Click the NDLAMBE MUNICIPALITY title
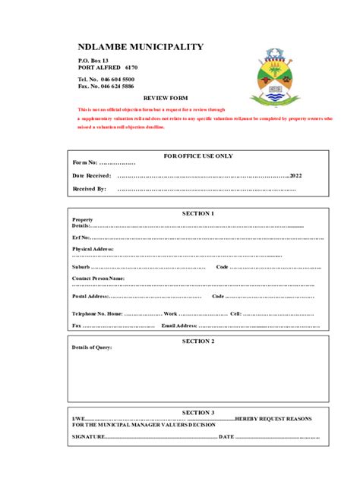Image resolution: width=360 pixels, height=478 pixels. coord(141,47)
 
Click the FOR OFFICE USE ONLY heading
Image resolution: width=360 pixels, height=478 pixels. coord(199,156)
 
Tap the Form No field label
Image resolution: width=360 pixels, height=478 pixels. coord(84,162)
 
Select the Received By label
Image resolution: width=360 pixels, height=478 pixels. coord(90,189)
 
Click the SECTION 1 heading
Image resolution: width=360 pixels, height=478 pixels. coord(198,213)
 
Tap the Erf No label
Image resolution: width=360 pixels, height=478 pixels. coord(81,237)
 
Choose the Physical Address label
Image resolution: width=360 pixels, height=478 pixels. coord(93,249)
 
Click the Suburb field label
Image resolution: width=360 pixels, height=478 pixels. coord(81,267)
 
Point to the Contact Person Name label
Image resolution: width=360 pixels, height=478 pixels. coord(99,278)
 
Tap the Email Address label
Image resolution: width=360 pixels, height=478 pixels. coord(179,325)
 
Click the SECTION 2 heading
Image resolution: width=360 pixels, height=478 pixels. coord(198,341)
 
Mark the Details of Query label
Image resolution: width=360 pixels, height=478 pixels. coord(92,347)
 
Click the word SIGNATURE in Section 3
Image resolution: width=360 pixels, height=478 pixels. coord(89,437)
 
